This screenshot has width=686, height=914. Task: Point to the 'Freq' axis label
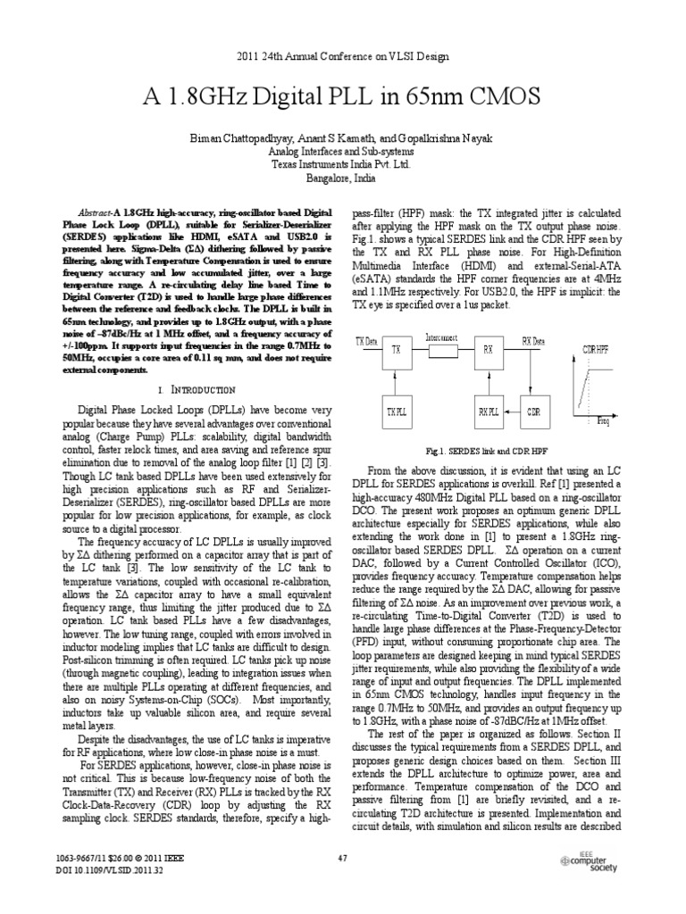tap(605, 420)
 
